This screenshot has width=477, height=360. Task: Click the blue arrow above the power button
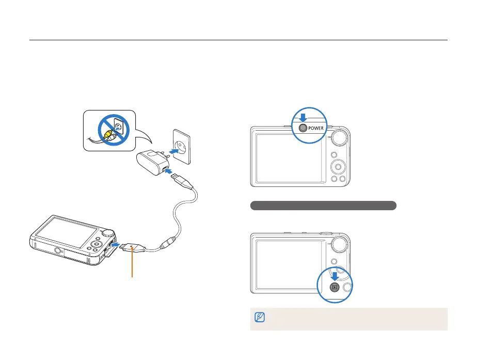[x=303, y=117]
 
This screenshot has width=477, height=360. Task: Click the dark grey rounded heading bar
[x=323, y=206]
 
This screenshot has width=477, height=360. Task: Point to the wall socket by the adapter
[x=181, y=148]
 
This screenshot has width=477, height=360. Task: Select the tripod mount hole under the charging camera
[x=58, y=253]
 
